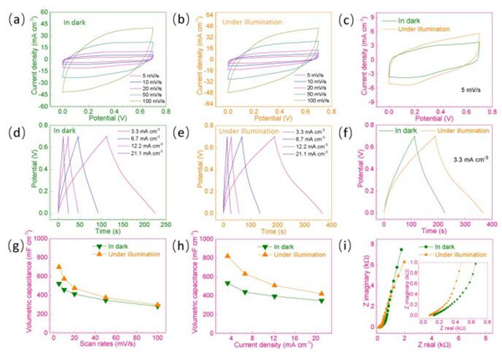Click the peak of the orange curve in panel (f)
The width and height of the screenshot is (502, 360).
433,136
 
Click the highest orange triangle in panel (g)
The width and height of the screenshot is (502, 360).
59,267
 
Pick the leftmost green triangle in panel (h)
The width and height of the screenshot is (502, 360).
227,284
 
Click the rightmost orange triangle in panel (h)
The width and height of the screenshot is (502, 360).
320,294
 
